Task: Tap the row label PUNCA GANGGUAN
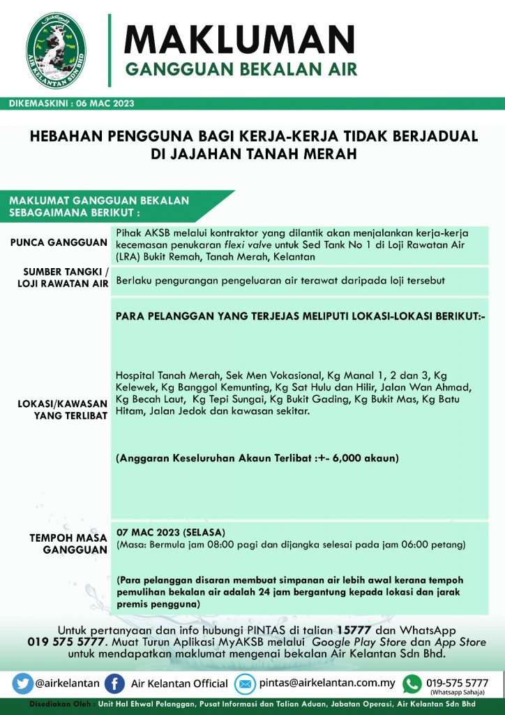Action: point(59,243)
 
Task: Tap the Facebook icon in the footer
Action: point(115,683)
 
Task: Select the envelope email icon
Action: point(246,683)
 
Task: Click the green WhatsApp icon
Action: point(413,683)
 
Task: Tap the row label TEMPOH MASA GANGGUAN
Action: point(68,543)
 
